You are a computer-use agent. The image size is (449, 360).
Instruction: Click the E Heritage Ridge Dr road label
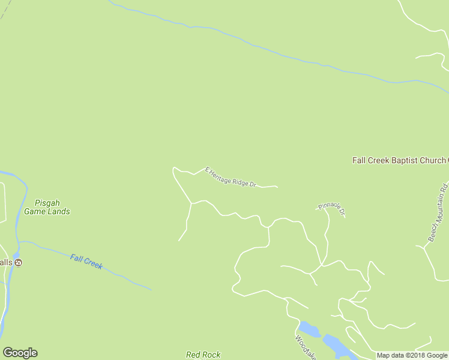coord(231,177)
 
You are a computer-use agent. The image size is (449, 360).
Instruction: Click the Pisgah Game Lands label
coord(47,207)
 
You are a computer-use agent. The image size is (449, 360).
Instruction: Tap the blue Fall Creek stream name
coord(86,262)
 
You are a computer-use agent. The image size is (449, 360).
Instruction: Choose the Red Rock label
coord(203,355)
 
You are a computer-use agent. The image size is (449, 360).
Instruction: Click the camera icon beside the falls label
coord(19,263)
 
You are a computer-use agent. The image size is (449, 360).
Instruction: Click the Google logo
coord(20,353)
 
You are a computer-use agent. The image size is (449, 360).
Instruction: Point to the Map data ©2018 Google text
coord(412,355)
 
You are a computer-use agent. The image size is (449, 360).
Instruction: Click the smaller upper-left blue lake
coord(309,329)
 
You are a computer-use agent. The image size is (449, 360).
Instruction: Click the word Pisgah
coord(47,203)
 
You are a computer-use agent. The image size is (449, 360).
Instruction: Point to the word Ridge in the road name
coord(239,179)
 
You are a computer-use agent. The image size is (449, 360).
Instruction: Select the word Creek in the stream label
coord(93,264)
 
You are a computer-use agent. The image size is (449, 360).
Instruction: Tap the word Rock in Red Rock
coord(211,355)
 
